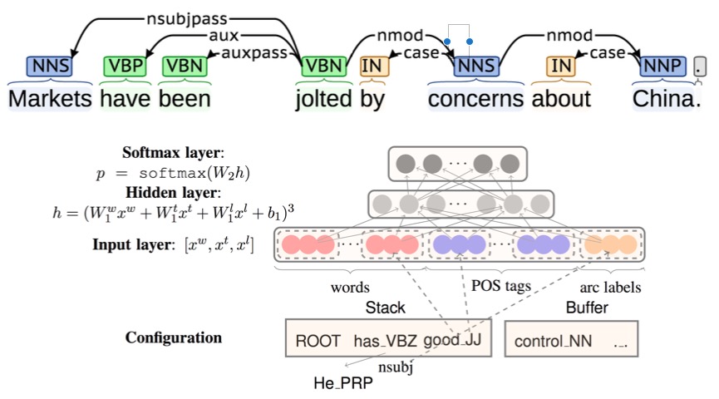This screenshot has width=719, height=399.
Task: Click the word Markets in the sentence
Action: pyautogui.click(x=50, y=99)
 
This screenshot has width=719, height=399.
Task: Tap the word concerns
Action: pyautogui.click(x=475, y=99)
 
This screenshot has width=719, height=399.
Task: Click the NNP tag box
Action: pyautogui.click(x=662, y=66)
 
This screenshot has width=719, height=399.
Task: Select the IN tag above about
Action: pyautogui.click(x=563, y=66)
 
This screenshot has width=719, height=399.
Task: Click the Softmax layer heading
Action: pyautogui.click(x=171, y=153)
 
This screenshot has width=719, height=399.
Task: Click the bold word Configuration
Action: pyautogui.click(x=174, y=338)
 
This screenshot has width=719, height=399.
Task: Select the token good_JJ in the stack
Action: pyautogui.click(x=453, y=341)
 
